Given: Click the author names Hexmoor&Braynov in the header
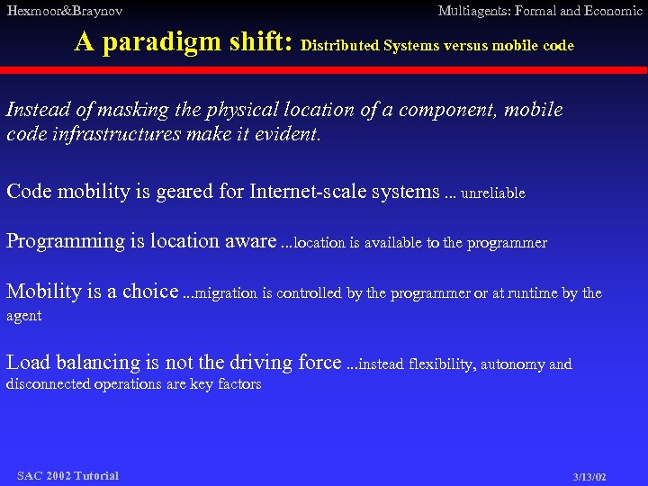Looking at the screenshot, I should tap(64, 11).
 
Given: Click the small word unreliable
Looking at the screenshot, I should tap(492, 193).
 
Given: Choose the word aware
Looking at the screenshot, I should tap(251, 241).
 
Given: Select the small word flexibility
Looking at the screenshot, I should tap(441, 364).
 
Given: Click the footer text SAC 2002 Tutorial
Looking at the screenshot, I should tap(67, 475).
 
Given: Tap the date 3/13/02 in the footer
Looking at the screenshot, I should tap(589, 476).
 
